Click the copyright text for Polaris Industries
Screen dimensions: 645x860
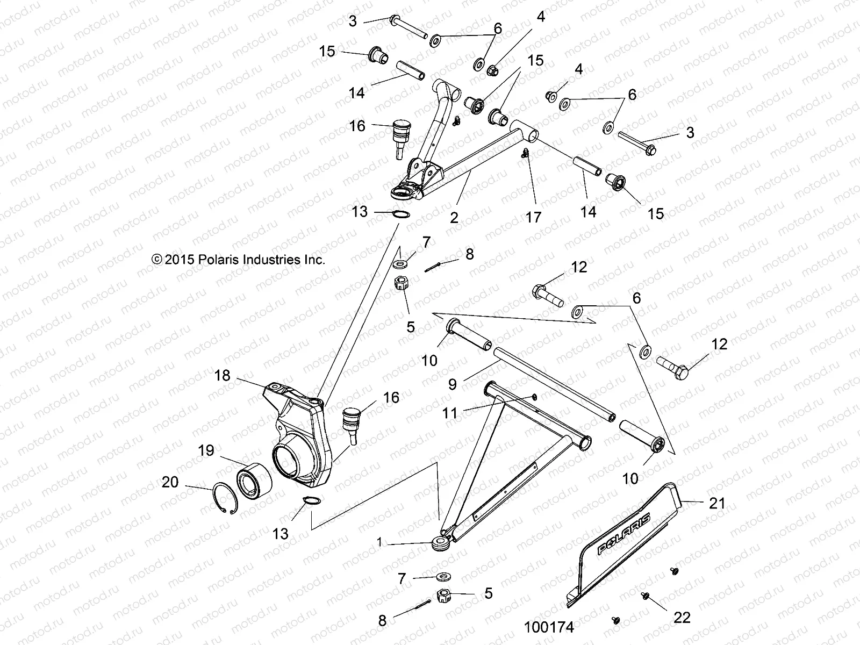[239, 260]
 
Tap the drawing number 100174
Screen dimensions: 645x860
[549, 627]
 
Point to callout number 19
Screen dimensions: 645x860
[206, 450]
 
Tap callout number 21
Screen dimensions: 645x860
[717, 504]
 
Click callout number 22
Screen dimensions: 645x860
[682, 618]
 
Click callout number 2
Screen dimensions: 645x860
[454, 218]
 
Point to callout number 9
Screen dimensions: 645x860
[452, 384]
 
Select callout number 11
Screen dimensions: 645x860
[450, 413]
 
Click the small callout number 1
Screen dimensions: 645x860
[381, 543]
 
